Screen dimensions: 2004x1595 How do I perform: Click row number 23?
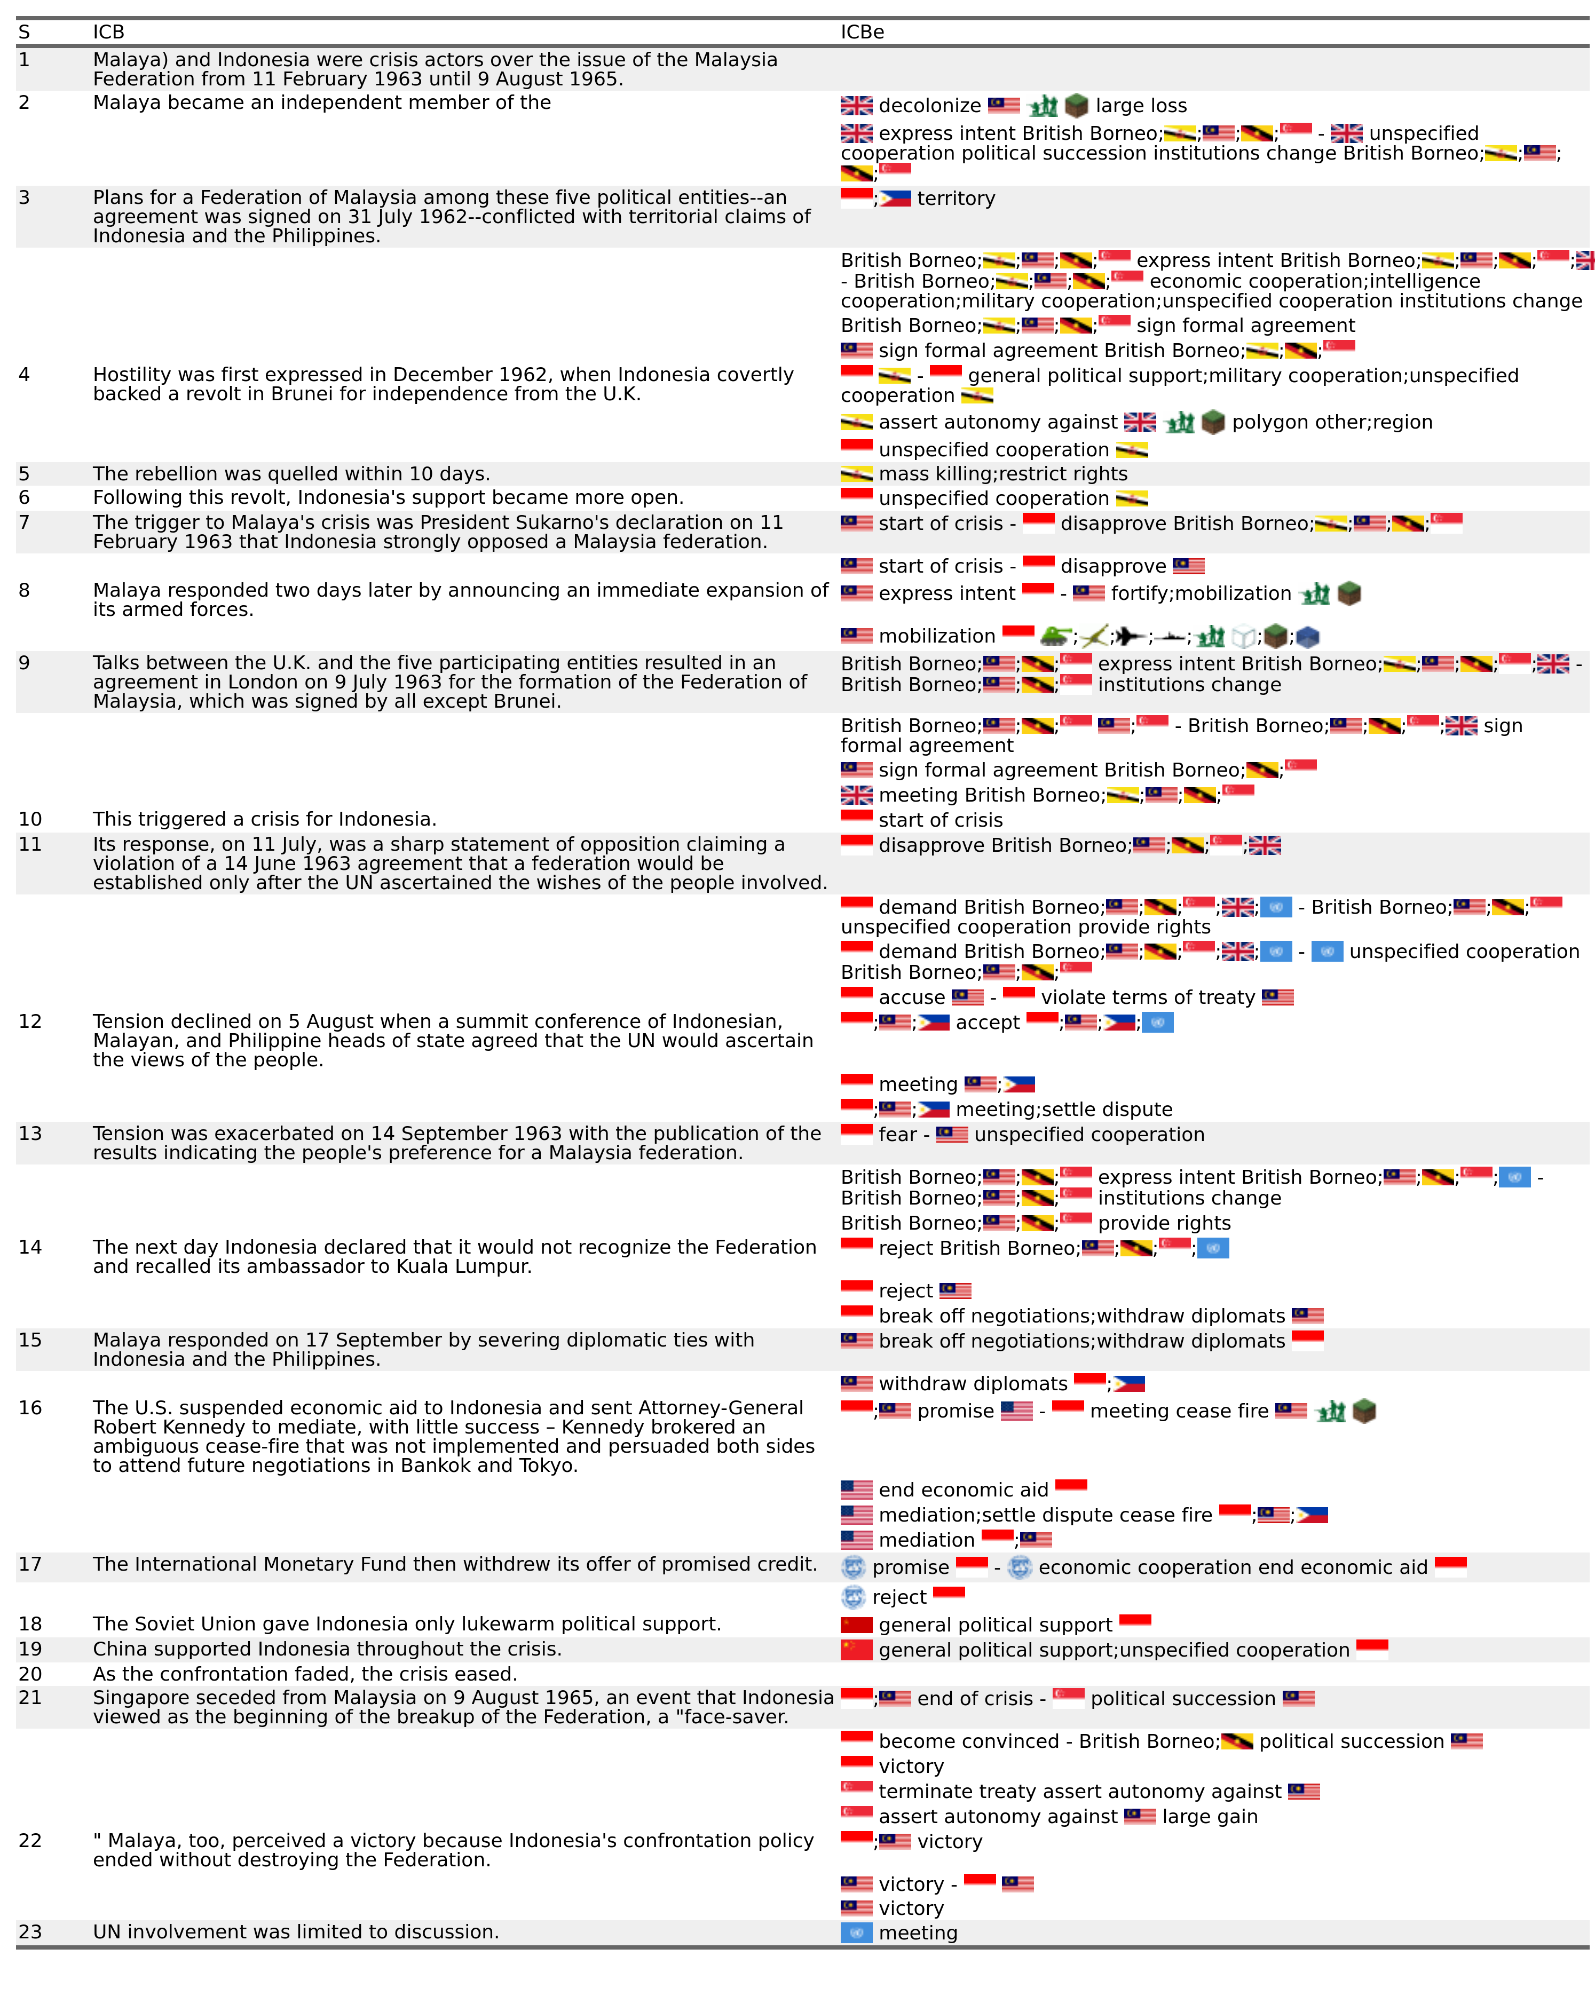pyautogui.click(x=30, y=1931)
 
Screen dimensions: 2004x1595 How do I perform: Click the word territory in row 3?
pyautogui.click(x=956, y=199)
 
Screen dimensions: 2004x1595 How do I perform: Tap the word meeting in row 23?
pyautogui.click(x=918, y=1932)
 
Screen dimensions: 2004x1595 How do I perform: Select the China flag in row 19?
pyautogui.click(x=856, y=1650)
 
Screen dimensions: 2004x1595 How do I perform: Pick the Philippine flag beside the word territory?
pyautogui.click(x=895, y=198)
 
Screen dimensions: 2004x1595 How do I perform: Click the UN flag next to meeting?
pyautogui.click(x=856, y=1932)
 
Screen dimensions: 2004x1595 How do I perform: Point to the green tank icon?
pyautogui.click(x=1055, y=636)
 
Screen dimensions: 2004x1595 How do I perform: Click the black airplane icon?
pyautogui.click(x=1130, y=636)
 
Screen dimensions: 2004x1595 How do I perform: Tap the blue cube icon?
pyautogui.click(x=1307, y=636)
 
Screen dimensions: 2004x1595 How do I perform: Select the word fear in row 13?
pyautogui.click(x=897, y=1135)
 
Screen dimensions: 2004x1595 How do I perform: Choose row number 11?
pyautogui.click(x=30, y=844)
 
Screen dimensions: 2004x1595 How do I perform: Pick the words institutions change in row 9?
pyautogui.click(x=1189, y=685)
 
